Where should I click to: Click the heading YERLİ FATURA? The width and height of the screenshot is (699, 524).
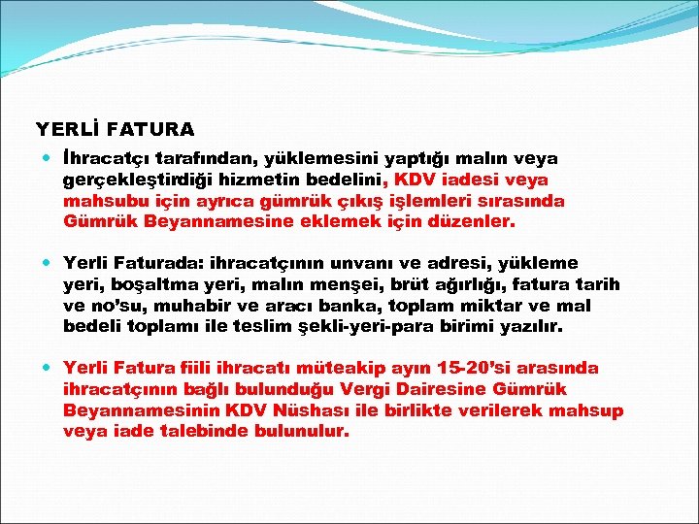pyautogui.click(x=116, y=128)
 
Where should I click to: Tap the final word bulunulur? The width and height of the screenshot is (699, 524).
pyautogui.click(x=299, y=433)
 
